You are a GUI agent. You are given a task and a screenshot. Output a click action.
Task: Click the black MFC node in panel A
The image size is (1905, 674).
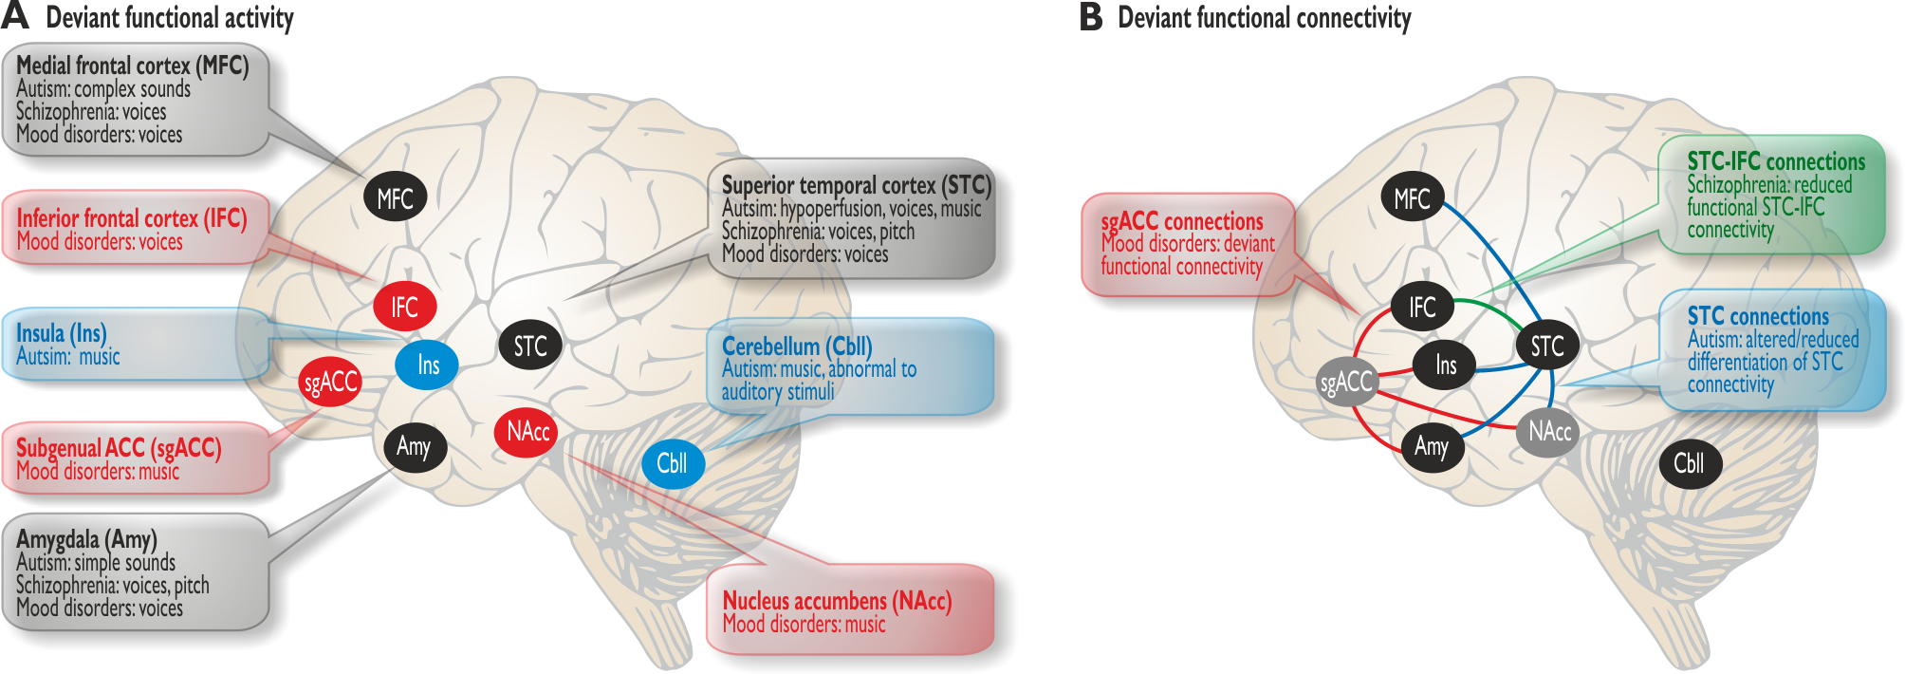[395, 197]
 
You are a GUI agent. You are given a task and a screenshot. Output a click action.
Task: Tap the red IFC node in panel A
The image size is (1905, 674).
[404, 307]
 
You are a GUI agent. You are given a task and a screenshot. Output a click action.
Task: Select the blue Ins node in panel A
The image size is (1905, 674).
[427, 365]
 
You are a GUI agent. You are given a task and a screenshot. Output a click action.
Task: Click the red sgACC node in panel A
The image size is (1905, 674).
[330, 382]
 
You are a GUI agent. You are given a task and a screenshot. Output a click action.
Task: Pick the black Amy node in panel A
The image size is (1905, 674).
[415, 446]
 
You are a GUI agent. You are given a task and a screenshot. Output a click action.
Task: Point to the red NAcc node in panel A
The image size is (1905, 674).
[527, 432]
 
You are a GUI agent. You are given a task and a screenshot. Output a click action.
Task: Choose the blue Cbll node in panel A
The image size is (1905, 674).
[672, 463]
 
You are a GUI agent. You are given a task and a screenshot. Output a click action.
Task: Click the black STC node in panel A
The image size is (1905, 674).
[530, 346]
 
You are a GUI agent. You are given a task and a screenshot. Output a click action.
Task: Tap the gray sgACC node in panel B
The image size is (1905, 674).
[1347, 382]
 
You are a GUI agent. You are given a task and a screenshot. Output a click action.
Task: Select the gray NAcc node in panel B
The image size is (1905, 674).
[1549, 432]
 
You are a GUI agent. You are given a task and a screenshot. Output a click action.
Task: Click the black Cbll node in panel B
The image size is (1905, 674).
[1689, 463]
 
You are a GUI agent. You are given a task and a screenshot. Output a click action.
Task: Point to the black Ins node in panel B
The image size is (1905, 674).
[1445, 365]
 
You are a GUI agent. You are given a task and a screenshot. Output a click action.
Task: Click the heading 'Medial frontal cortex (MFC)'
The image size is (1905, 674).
[133, 66]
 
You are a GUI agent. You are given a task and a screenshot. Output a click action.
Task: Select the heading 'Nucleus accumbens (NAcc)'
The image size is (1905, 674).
[837, 601]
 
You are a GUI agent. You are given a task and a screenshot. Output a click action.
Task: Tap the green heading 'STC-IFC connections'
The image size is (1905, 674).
[1776, 161]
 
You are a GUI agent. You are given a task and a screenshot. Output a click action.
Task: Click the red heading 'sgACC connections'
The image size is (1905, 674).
[1182, 221]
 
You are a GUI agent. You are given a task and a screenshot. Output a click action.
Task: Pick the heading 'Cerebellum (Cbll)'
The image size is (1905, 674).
[797, 346]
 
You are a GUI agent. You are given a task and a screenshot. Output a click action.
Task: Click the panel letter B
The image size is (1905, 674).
[1091, 17]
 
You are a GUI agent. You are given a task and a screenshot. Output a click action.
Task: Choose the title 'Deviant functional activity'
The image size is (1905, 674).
[170, 18]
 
